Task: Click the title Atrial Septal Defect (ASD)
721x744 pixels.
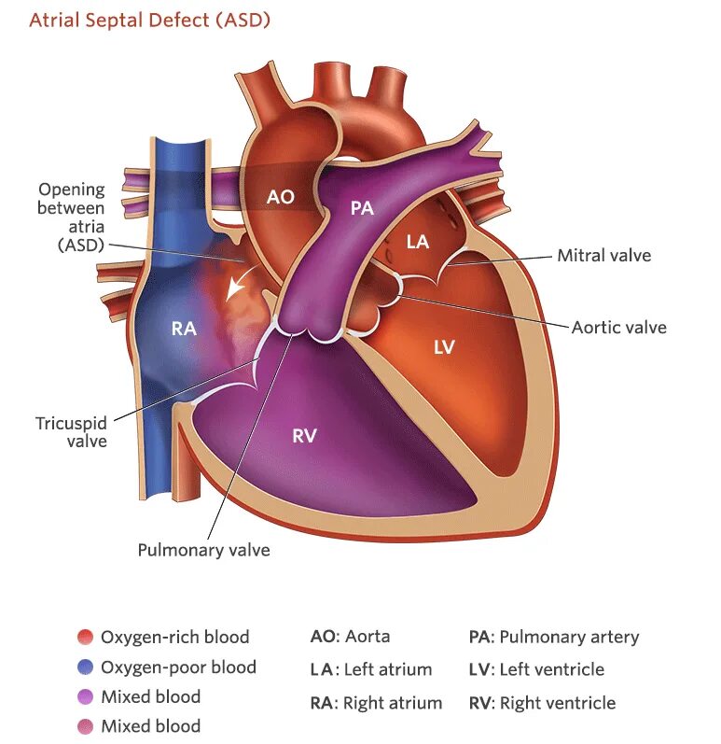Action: point(149,20)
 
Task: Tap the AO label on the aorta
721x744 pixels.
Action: point(280,197)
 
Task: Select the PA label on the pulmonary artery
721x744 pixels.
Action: point(362,208)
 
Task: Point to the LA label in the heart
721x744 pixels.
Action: point(417,242)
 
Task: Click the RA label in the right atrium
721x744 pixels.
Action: point(184,328)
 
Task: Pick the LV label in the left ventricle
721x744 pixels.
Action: point(444,347)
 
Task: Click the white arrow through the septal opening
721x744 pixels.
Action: point(240,281)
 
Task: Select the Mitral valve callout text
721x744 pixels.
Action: point(603,255)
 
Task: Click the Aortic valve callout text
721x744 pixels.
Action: point(618,328)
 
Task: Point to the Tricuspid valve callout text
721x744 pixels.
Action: point(71,432)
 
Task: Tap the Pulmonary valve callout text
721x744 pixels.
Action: point(203,550)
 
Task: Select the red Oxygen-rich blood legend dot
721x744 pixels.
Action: point(86,638)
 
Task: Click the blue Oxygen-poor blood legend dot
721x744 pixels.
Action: point(86,667)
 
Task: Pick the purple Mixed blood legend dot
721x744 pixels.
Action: point(86,696)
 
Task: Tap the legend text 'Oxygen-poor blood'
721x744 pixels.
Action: point(178,667)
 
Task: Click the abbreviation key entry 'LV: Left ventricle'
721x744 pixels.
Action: point(536,669)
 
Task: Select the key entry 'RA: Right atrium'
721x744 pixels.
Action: point(376,703)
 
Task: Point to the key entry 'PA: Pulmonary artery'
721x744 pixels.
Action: point(554,638)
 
